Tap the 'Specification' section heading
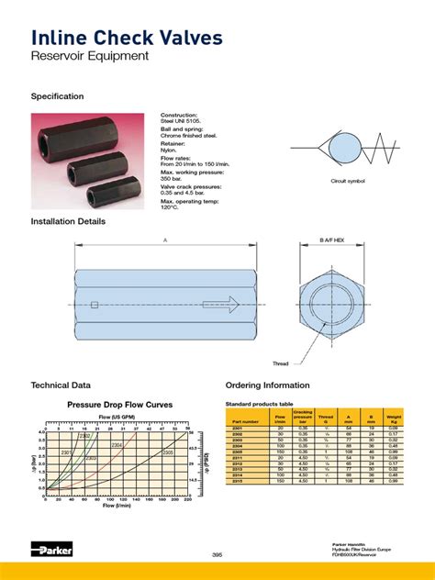pyautogui.click(x=58, y=96)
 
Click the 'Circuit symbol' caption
pyautogui.click(x=348, y=182)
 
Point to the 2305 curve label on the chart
pyautogui.click(x=167, y=452)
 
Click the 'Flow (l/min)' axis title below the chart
pyautogui.click(x=115, y=506)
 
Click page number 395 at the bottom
pyautogui.click(x=217, y=553)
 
